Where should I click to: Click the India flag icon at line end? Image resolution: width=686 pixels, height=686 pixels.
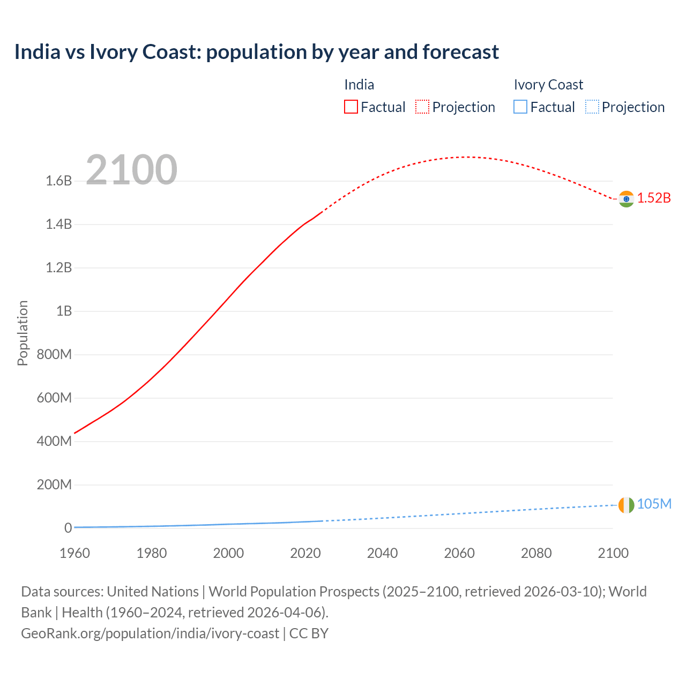[626, 199]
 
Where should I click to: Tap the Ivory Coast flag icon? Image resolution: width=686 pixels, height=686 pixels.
[626, 505]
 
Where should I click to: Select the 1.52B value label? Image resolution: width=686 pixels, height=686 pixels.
[654, 198]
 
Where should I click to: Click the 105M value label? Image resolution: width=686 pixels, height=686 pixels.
[654, 504]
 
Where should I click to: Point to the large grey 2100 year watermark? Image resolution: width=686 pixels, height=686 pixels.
[131, 170]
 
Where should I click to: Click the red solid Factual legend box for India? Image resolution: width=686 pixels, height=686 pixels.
[351, 107]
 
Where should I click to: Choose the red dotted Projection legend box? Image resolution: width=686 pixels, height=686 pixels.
[422, 107]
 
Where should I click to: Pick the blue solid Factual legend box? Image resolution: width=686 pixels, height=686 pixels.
[520, 107]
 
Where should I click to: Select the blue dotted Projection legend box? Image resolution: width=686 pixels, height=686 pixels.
[592, 107]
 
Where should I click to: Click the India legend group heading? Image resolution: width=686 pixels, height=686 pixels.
[359, 85]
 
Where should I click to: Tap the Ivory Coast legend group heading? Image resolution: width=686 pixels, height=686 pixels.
[548, 85]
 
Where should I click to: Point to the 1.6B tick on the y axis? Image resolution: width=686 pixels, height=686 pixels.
[59, 181]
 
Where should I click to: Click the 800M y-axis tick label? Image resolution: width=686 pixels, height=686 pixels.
[54, 354]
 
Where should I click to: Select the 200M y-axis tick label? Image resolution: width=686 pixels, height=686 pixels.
[54, 484]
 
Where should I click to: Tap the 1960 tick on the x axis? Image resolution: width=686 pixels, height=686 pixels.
[75, 553]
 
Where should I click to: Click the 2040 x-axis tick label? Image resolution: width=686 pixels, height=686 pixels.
[382, 553]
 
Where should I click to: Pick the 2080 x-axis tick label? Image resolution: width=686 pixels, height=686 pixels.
[536, 553]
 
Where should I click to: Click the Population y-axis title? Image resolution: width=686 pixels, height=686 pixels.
[23, 333]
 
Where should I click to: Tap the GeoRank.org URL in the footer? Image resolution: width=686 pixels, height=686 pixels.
[150, 633]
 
